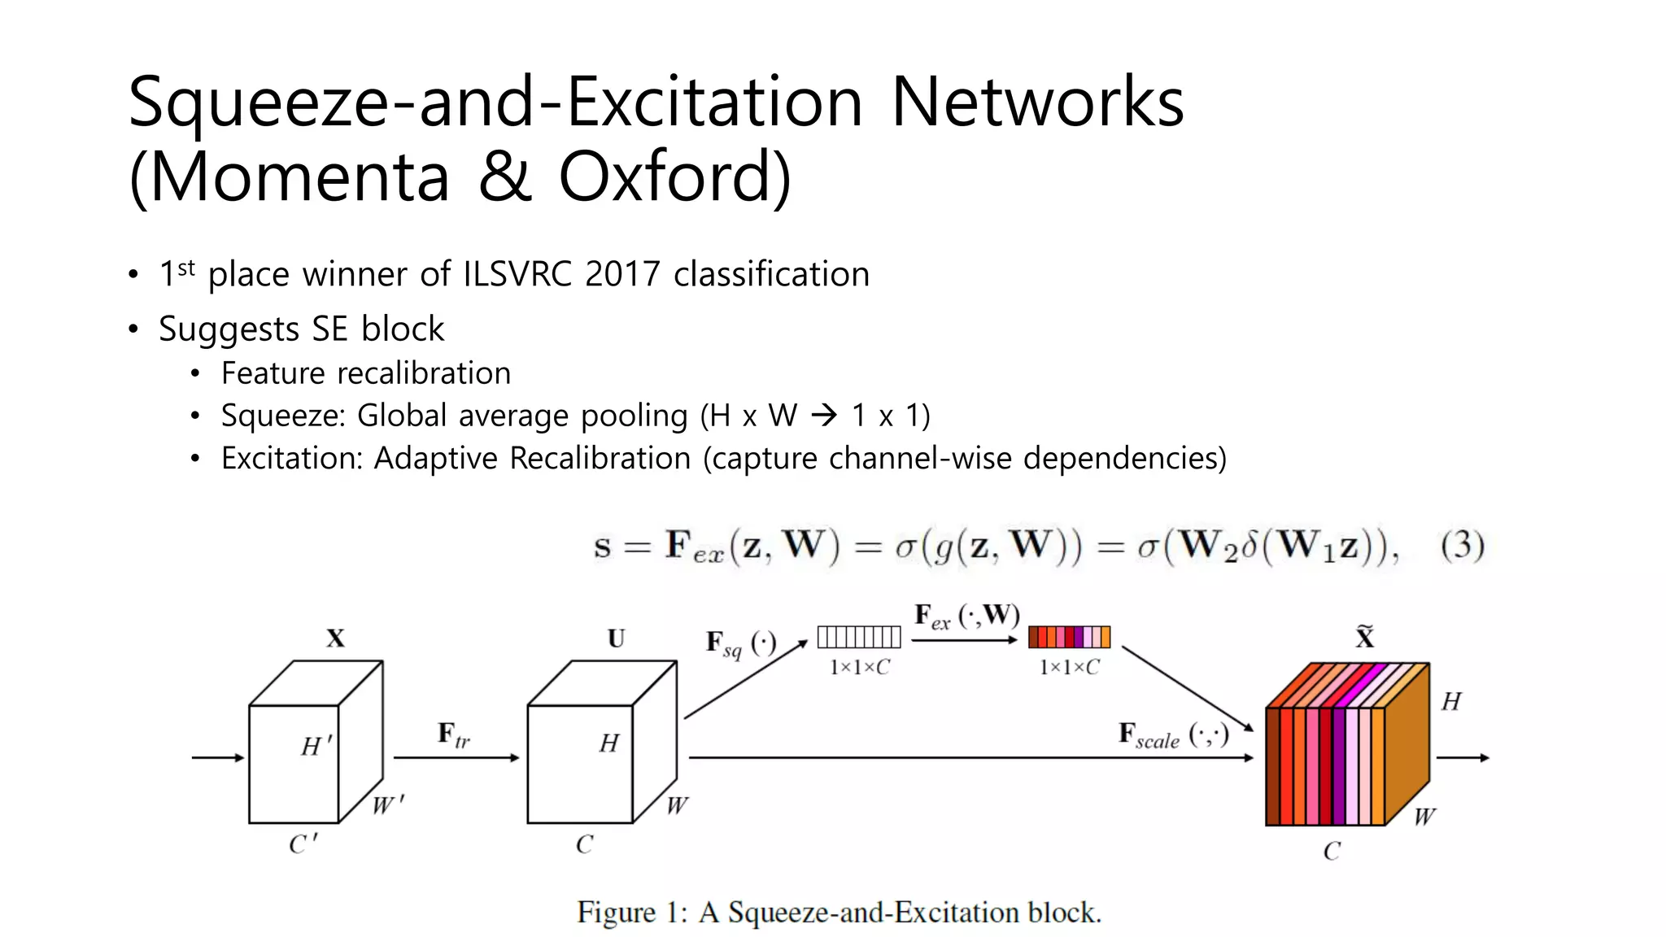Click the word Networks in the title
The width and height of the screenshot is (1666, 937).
click(1037, 102)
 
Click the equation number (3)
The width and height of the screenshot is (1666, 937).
click(1462, 545)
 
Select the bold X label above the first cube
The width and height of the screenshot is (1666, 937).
click(335, 638)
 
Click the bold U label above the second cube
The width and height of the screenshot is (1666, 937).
click(617, 638)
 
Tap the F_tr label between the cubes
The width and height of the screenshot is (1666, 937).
click(453, 734)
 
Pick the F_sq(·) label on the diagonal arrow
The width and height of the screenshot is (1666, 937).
click(740, 644)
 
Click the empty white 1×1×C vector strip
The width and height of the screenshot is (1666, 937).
click(859, 637)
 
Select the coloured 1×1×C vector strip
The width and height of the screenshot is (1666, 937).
click(1069, 637)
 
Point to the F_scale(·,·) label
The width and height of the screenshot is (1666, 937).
click(1173, 735)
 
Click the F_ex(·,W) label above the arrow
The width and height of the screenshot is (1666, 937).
click(966, 616)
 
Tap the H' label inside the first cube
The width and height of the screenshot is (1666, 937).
click(316, 746)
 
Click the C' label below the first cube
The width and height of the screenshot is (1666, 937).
click(303, 844)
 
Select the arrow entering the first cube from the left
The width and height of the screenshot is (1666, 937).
click(218, 758)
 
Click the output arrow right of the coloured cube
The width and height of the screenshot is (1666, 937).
click(1463, 758)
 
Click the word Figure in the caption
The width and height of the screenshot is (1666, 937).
click(616, 913)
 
